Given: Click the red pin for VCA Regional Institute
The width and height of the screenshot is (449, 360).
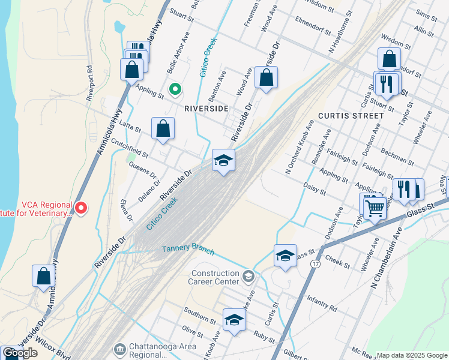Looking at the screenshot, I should pyautogui.click(x=81, y=208).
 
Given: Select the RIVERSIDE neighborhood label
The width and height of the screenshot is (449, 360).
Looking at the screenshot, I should pyautogui.click(x=206, y=109).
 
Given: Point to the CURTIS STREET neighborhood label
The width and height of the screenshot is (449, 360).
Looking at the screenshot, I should pyautogui.click(x=351, y=115).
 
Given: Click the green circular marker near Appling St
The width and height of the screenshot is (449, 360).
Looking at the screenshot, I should pyautogui.click(x=175, y=89).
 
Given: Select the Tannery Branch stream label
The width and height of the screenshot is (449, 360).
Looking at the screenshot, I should pyautogui.click(x=188, y=247).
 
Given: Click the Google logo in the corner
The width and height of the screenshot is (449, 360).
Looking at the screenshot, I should pyautogui.click(x=19, y=353).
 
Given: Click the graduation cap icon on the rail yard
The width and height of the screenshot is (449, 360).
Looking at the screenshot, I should pyautogui.click(x=223, y=160).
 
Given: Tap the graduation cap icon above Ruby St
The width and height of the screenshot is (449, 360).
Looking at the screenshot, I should pyautogui.click(x=234, y=320).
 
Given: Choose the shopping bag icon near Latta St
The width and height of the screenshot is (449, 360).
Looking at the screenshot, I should pyautogui.click(x=163, y=128).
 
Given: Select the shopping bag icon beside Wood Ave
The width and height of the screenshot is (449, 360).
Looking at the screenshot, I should pyautogui.click(x=266, y=78).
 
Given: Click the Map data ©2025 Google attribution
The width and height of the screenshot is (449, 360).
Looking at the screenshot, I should pyautogui.click(x=412, y=355).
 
